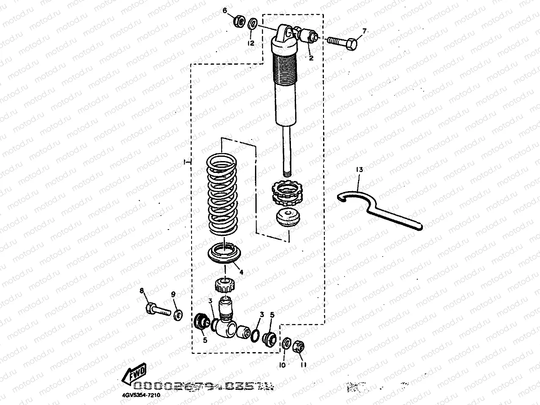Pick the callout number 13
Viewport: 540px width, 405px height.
pyautogui.click(x=359, y=170)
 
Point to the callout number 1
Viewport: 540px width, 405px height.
pyautogui.click(x=185, y=162)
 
